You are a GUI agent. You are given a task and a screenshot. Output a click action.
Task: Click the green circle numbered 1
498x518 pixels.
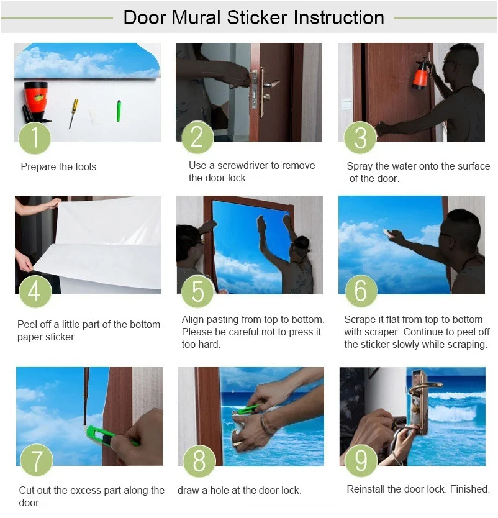[35, 138]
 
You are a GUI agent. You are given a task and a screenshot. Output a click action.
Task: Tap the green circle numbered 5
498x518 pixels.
[197, 291]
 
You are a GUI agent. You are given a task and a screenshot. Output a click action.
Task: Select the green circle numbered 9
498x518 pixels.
[361, 460]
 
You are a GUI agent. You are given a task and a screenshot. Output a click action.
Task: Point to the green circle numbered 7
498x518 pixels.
[37, 460]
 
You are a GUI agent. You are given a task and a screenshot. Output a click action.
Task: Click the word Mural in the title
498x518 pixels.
[196, 17]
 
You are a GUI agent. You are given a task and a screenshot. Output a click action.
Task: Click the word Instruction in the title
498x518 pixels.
[339, 17]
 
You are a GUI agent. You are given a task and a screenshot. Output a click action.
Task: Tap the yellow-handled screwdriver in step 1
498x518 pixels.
[73, 113]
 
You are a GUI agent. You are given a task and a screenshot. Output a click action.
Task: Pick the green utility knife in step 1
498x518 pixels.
[119, 111]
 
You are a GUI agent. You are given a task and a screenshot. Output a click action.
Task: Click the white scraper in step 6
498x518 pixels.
[388, 232]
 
